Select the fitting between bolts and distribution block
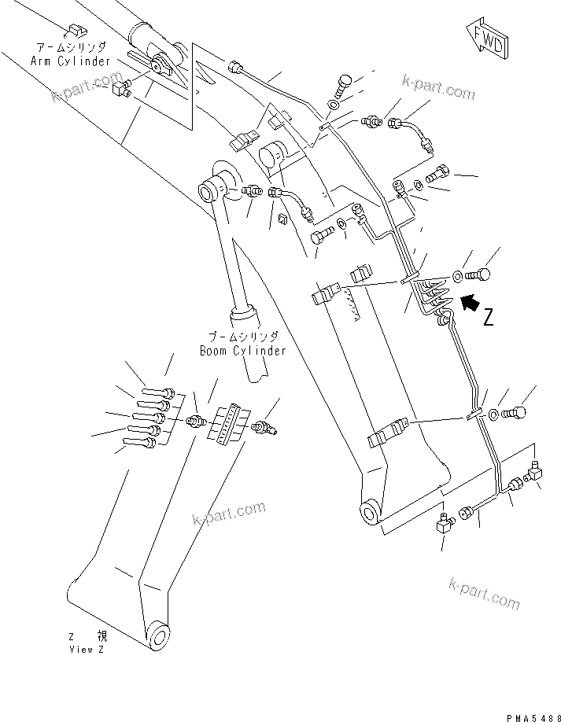[193, 423]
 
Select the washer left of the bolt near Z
[456, 275]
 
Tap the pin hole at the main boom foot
[368, 515]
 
